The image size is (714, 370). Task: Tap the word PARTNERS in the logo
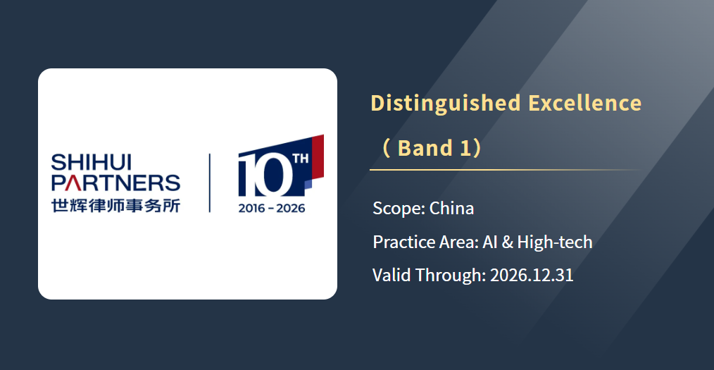coord(115,183)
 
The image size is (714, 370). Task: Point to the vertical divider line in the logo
coord(209,183)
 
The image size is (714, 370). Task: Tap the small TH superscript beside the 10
coord(301,159)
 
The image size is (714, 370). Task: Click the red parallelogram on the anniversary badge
coord(318,155)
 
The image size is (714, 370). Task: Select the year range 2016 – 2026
coord(272,208)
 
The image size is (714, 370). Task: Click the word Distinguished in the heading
coord(445,103)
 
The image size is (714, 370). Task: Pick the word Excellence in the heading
coord(585,102)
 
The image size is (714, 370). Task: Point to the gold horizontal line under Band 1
coord(506,170)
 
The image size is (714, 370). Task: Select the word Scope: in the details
coord(399,209)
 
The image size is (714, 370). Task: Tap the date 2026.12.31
coord(532,276)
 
